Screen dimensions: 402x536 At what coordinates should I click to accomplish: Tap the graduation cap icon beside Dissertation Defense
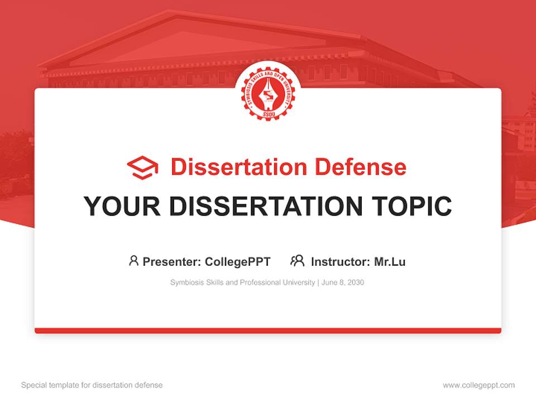(142, 167)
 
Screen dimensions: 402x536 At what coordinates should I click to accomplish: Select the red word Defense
(360, 167)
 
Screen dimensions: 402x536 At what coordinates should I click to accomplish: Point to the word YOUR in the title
(122, 207)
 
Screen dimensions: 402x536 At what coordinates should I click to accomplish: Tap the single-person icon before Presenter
(133, 261)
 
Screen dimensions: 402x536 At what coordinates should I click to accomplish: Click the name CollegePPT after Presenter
(238, 261)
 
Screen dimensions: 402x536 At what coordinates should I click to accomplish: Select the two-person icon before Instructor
(298, 261)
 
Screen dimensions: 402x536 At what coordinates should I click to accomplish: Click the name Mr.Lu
(390, 261)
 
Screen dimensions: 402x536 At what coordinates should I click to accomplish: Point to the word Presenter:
(172, 261)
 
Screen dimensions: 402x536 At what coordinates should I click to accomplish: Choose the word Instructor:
(340, 261)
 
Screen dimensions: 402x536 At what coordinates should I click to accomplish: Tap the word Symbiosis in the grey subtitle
(186, 283)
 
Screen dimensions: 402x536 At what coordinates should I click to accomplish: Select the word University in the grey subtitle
(299, 283)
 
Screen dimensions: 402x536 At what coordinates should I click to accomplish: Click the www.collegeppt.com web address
(479, 385)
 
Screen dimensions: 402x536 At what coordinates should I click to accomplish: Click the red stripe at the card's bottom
(268, 331)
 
